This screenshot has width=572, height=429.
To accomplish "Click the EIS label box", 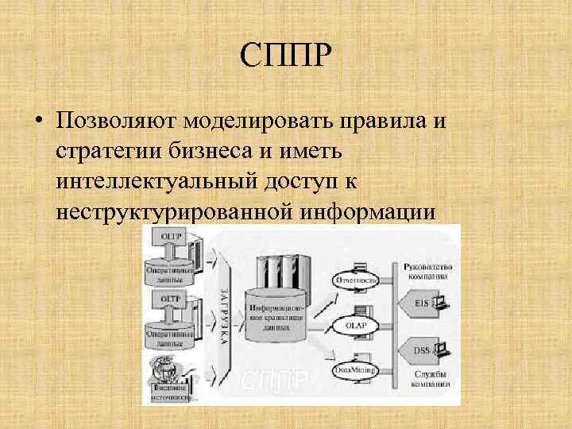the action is (423, 303).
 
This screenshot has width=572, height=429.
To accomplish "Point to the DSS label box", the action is (423, 349).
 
